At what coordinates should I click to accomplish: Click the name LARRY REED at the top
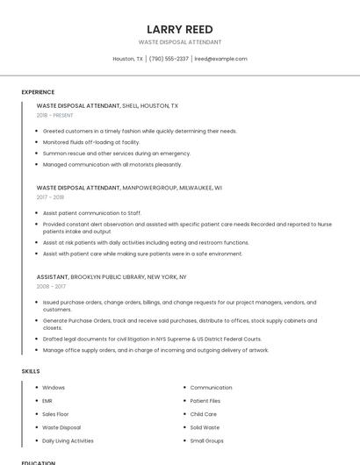[x=179, y=29]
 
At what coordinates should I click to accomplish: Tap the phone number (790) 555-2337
[x=169, y=59]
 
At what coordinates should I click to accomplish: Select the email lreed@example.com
[x=220, y=59]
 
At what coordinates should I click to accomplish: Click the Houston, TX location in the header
[x=128, y=59]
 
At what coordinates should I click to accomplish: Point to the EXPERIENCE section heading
[x=38, y=92]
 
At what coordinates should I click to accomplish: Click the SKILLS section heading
[x=31, y=371]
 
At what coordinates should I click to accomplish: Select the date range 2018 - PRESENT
[x=55, y=115]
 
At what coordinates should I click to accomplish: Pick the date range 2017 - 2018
[x=51, y=197]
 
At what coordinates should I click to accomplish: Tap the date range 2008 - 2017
[x=51, y=286]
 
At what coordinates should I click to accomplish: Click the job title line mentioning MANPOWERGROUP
[x=129, y=187]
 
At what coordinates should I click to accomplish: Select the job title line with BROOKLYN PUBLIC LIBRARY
[x=112, y=276]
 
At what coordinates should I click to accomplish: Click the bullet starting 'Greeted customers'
[x=140, y=131]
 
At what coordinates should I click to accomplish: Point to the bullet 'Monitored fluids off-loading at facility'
[x=91, y=141]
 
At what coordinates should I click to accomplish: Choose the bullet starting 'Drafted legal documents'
[x=152, y=339]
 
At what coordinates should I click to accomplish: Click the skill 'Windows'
[x=54, y=387]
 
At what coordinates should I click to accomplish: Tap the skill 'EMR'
[x=47, y=401]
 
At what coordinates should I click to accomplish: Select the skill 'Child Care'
[x=203, y=414]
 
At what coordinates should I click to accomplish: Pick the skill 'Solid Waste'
[x=205, y=427]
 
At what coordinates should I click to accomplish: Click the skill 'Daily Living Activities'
[x=68, y=440]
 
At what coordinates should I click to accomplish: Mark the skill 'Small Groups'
[x=206, y=440]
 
